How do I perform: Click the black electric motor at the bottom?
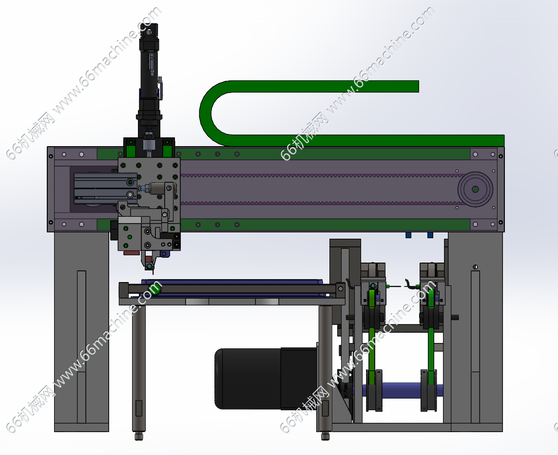[x=266, y=378]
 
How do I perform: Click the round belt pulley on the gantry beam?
[x=475, y=189]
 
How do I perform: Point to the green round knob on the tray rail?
[x=154, y=287]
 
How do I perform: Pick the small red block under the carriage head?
[x=131, y=252]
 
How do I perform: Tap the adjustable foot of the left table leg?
[x=139, y=436]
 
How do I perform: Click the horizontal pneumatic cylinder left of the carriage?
[x=105, y=188]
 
